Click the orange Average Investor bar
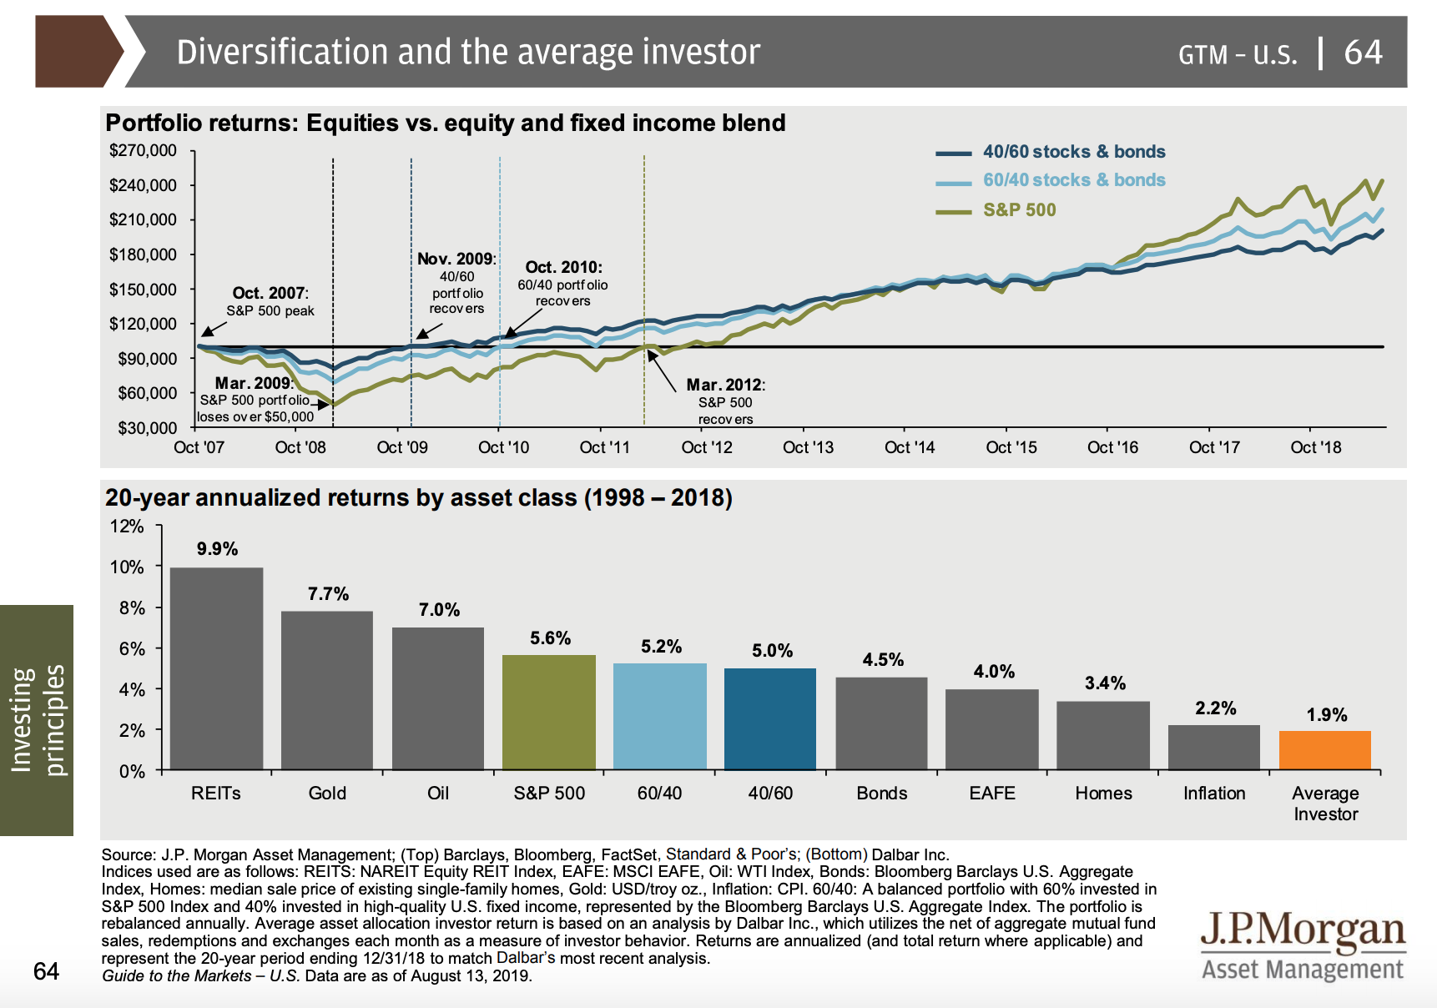click(x=1324, y=750)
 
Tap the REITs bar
click(x=216, y=668)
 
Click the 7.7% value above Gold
click(x=328, y=594)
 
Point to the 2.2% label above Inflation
click(x=1215, y=708)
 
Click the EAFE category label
click(x=991, y=794)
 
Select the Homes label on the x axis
click(x=1103, y=794)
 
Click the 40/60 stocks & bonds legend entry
click(x=1073, y=152)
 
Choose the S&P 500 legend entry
click(x=1019, y=210)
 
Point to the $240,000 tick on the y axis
click(x=143, y=185)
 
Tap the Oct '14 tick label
click(x=909, y=447)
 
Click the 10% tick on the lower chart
click(x=127, y=567)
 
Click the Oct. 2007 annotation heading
click(x=270, y=293)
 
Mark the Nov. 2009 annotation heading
click(x=456, y=260)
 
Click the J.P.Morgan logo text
click(x=1303, y=930)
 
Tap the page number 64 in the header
click(x=1363, y=53)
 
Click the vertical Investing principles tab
click(x=37, y=719)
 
